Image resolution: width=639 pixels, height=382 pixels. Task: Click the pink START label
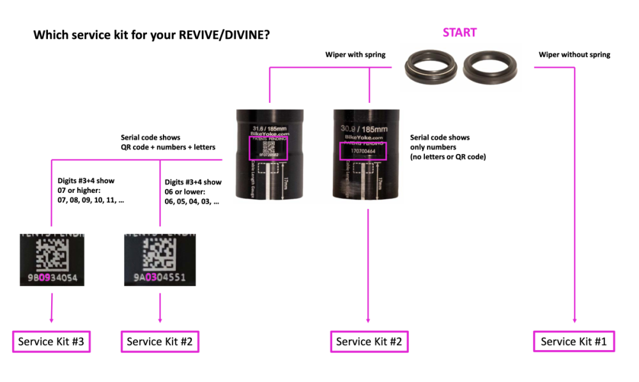(460, 32)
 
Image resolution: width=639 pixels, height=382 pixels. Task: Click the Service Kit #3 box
(51, 342)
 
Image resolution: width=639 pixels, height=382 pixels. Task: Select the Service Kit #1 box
(574, 342)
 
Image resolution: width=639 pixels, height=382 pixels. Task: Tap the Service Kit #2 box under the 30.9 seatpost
(369, 342)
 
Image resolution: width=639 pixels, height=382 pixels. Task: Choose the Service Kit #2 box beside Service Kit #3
(160, 342)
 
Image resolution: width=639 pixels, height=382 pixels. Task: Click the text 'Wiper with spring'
(355, 55)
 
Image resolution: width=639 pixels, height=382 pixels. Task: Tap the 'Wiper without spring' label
(574, 55)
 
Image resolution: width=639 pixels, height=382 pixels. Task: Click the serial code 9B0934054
(52, 278)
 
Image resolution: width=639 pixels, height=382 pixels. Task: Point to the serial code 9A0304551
(160, 278)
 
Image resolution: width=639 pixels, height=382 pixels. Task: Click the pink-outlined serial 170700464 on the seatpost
(363, 151)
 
